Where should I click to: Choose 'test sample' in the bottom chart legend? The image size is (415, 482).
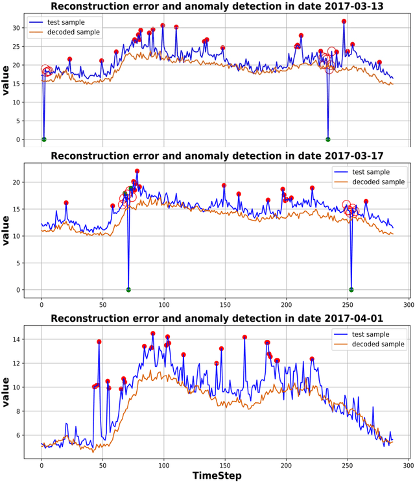pyautogui.click(x=373, y=334)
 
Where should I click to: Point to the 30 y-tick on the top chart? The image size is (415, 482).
pyautogui.click(x=16, y=28)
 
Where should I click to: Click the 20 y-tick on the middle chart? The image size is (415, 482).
pyautogui.click(x=16, y=182)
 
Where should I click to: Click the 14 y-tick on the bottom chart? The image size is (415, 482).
pyautogui.click(x=16, y=339)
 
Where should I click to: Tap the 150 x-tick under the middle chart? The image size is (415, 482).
pyautogui.click(x=225, y=302)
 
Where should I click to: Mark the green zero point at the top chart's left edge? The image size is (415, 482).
pyautogui.click(x=44, y=139)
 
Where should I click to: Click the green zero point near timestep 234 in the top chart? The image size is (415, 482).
pyautogui.click(x=328, y=139)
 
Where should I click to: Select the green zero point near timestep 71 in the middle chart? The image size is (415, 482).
pyautogui.click(x=128, y=289)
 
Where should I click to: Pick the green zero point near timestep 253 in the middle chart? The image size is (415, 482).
pyautogui.click(x=351, y=289)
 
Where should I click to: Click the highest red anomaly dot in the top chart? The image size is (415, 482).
pyautogui.click(x=344, y=21)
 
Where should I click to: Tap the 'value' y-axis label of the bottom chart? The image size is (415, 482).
pyautogui.click(x=6, y=389)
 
